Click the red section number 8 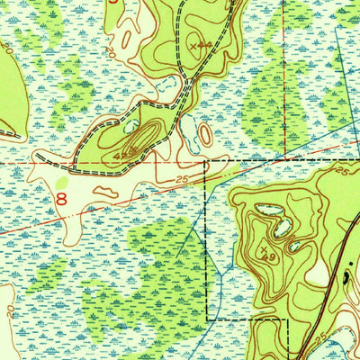pos(62,200)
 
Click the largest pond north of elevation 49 pos(267,211)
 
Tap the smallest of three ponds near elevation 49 pos(294,244)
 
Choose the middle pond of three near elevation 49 pos(283,228)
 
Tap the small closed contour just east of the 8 pos(106,191)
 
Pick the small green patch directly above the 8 pos(61,180)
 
